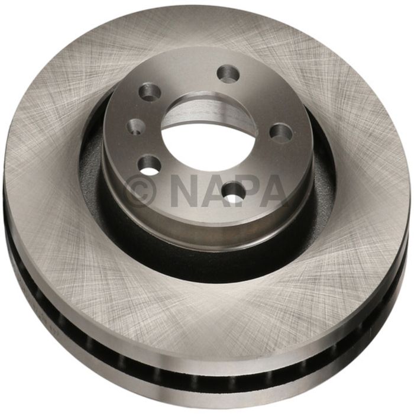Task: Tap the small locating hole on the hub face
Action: [135, 126]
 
